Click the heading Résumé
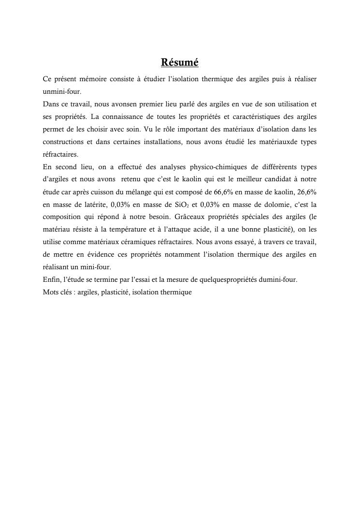tap(180, 63)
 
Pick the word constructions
tap(63, 142)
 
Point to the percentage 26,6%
tap(306, 192)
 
